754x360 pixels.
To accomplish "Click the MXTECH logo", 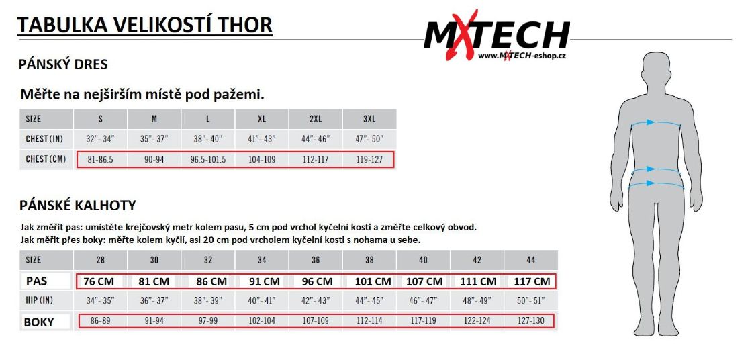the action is click(x=497, y=36).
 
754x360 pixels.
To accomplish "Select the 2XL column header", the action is click(x=316, y=119).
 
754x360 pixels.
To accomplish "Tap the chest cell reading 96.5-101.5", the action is click(x=208, y=159).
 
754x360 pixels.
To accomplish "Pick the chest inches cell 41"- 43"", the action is click(x=262, y=140).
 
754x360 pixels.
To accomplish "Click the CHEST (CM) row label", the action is click(x=46, y=159).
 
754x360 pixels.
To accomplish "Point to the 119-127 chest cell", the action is click(x=369, y=159).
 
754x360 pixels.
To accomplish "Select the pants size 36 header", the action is click(x=316, y=260).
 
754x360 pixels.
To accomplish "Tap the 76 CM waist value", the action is click(x=100, y=281).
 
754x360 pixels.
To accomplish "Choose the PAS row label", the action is click(x=36, y=281).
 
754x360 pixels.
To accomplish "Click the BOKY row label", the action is click(x=38, y=322).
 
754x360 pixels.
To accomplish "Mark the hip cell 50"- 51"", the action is click(x=531, y=301).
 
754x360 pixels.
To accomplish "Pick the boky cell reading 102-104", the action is click(x=262, y=320).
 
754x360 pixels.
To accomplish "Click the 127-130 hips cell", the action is click(x=531, y=320).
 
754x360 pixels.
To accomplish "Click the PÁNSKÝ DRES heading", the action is click(x=63, y=64).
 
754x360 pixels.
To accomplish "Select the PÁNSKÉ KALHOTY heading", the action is click(x=77, y=206).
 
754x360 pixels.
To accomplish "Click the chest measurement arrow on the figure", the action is click(x=657, y=123).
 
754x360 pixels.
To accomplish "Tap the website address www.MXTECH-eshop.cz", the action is click(x=521, y=56).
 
